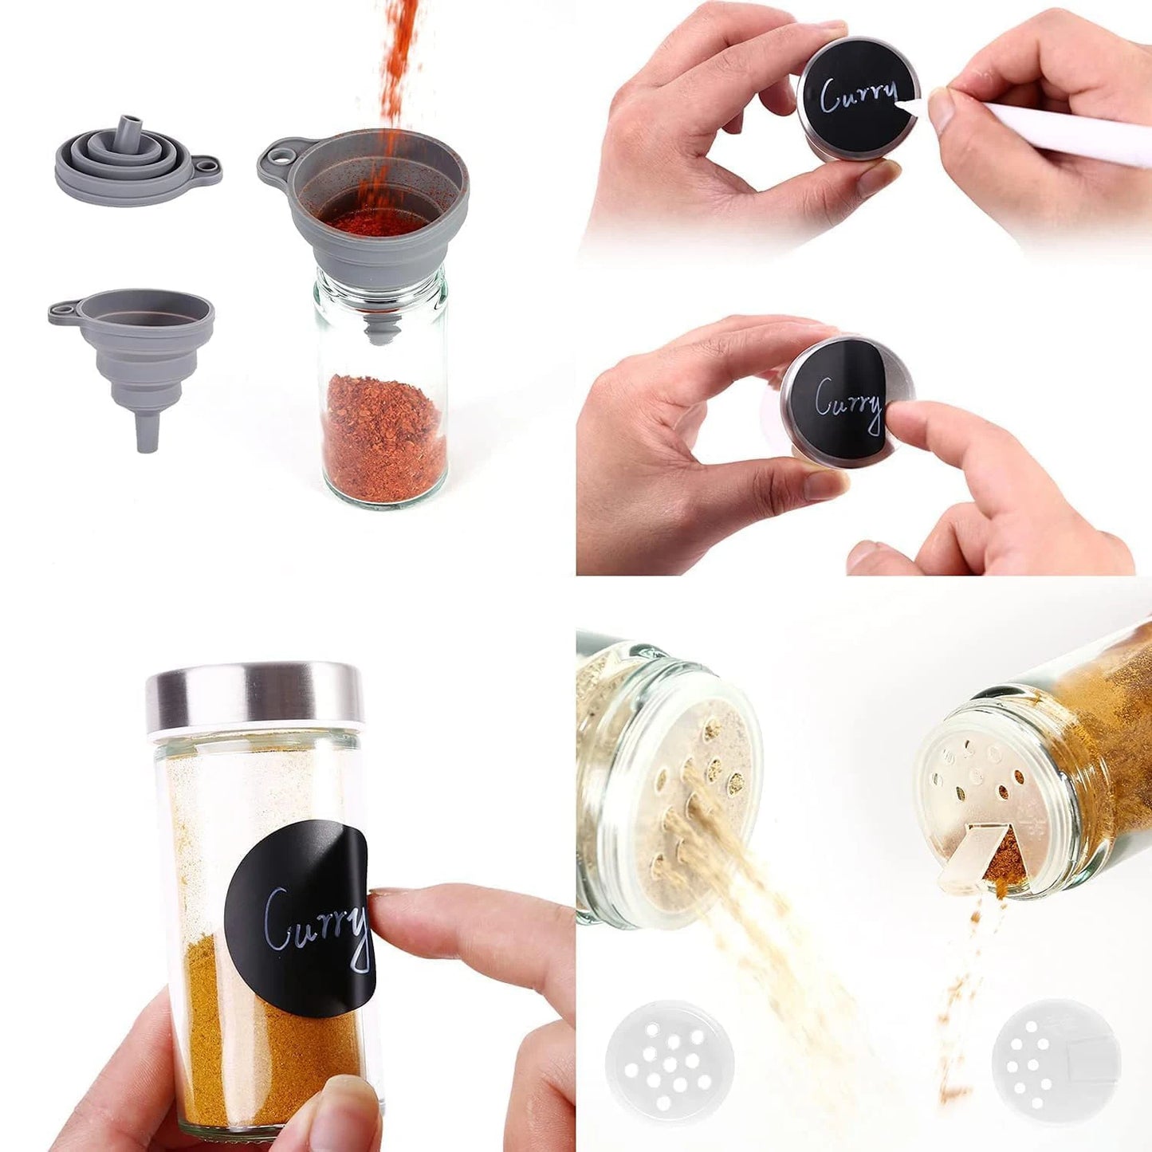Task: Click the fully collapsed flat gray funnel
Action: tap(137, 160)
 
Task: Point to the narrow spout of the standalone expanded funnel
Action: tap(147, 431)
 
